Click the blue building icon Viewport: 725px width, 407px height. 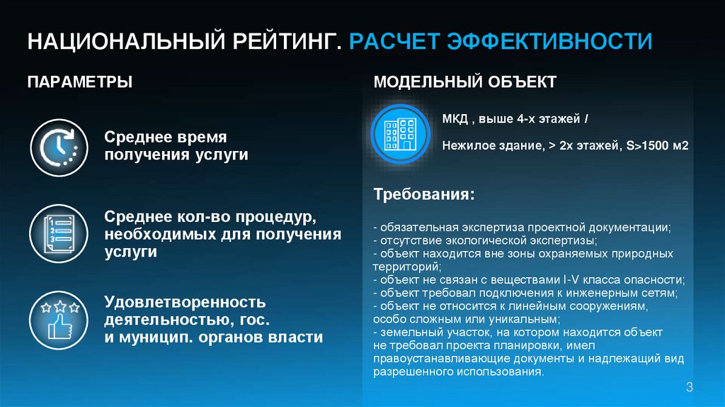(x=401, y=133)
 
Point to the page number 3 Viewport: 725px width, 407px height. (x=689, y=386)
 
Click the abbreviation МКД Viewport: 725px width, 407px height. (x=455, y=118)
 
